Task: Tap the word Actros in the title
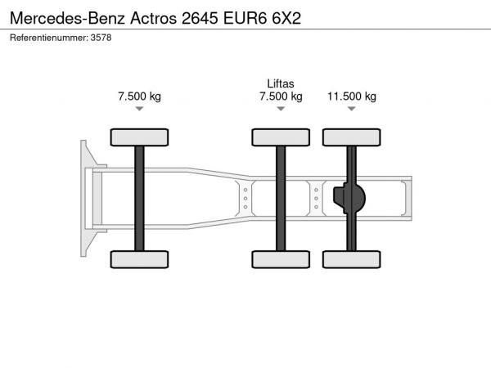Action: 154,18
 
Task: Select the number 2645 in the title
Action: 200,18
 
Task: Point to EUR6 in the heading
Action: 245,18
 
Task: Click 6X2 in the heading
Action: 286,18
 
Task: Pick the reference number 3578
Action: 101,38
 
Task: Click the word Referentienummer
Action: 49,38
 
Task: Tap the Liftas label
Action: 281,83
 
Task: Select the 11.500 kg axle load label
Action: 352,96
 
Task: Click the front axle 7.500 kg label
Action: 139,96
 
